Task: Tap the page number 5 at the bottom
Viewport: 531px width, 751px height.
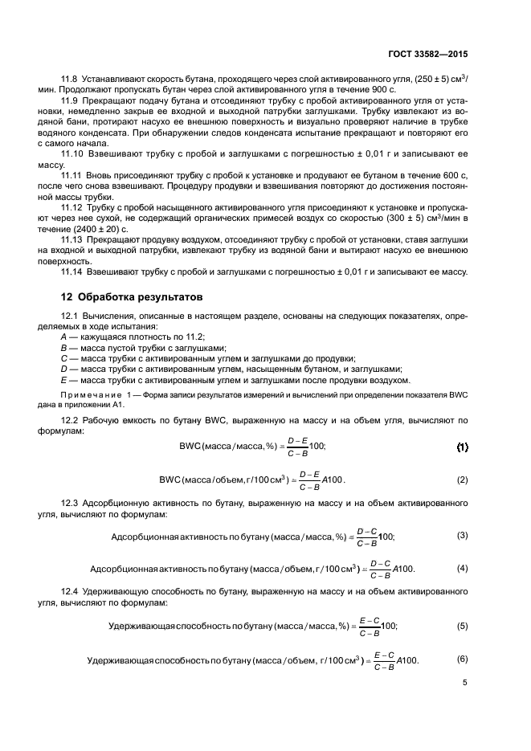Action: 464,683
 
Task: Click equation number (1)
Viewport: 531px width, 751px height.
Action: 462,446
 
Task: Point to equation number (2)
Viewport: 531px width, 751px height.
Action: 462,480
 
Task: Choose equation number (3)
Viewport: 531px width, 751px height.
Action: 462,535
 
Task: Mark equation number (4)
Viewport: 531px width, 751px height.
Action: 462,568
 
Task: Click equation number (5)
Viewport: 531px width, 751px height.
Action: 462,624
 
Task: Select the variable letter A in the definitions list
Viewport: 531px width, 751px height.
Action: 53,337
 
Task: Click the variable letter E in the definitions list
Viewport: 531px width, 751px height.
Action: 53,379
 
